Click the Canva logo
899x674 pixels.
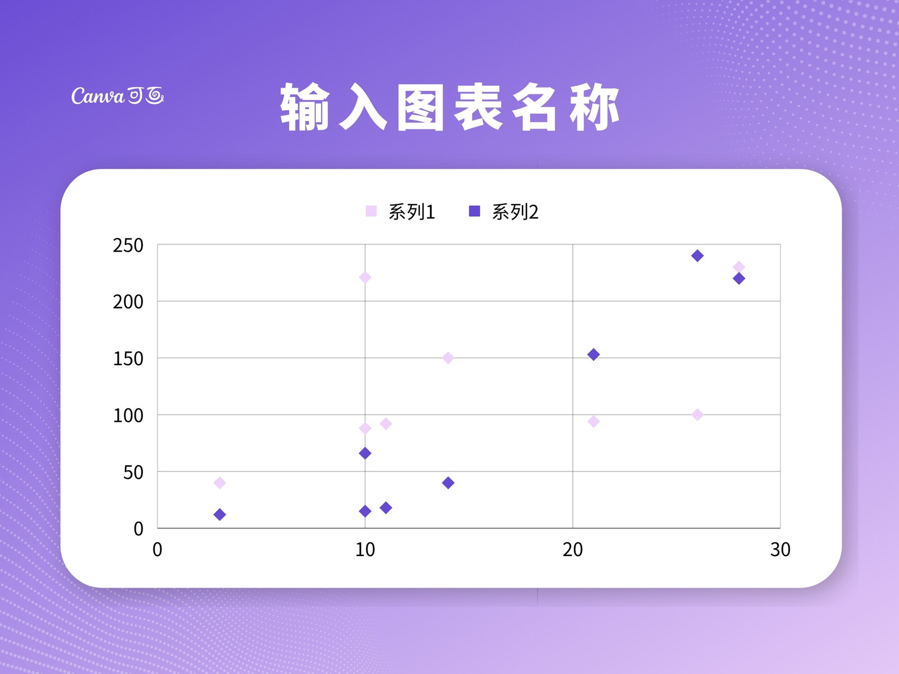click(x=117, y=95)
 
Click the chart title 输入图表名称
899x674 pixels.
click(x=449, y=107)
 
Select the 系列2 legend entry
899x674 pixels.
click(x=503, y=212)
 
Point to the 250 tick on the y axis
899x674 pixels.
click(x=128, y=245)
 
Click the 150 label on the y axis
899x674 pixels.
click(x=128, y=359)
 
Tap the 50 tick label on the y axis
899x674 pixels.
click(x=133, y=473)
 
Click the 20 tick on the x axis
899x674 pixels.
click(x=573, y=550)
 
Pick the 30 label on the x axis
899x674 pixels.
click(x=780, y=550)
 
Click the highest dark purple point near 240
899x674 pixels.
click(x=697, y=256)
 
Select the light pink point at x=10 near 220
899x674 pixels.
click(x=365, y=277)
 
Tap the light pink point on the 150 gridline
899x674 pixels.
click(x=448, y=358)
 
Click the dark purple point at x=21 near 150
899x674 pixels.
click(x=593, y=354)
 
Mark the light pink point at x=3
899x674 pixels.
click(x=220, y=483)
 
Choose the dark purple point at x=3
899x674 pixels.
click(x=220, y=514)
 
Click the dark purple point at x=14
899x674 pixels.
click(x=448, y=483)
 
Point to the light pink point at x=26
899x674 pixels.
click(x=697, y=415)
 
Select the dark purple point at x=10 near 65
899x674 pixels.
click(x=365, y=453)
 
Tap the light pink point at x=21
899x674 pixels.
click(x=593, y=421)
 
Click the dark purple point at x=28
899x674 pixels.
click(x=739, y=279)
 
